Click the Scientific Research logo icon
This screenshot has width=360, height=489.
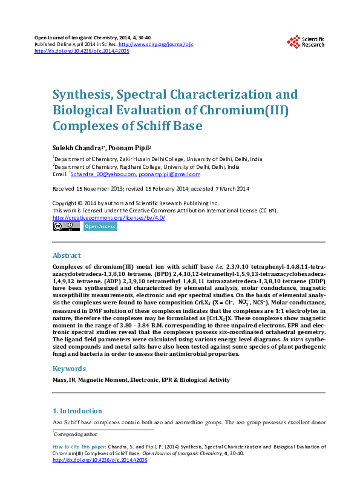pos(293,41)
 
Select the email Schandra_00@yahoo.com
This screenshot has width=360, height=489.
pos(103,174)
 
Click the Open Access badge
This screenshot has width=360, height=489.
pos(100,227)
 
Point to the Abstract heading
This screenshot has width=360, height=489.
pos(67,255)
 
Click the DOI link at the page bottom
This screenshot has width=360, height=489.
pos(100,460)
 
